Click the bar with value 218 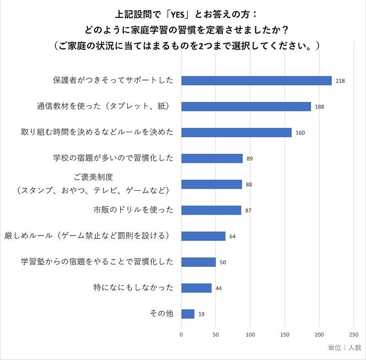[256, 81]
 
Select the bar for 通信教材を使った [246, 107]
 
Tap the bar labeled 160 [237, 132]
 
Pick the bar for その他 [188, 314]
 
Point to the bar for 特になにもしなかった [196, 288]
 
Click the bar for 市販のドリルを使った [211, 210]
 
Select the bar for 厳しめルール [203, 236]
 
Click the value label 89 [249, 159]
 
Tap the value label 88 [249, 185]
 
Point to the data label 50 [223, 263]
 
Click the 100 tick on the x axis [250, 334]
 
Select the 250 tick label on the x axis [354, 334]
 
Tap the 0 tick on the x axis [181, 334]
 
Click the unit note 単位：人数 [344, 348]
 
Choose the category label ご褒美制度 [93, 177]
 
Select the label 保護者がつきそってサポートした [113, 81]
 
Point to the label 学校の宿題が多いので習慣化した [113, 158]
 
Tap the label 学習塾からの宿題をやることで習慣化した [97, 262]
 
